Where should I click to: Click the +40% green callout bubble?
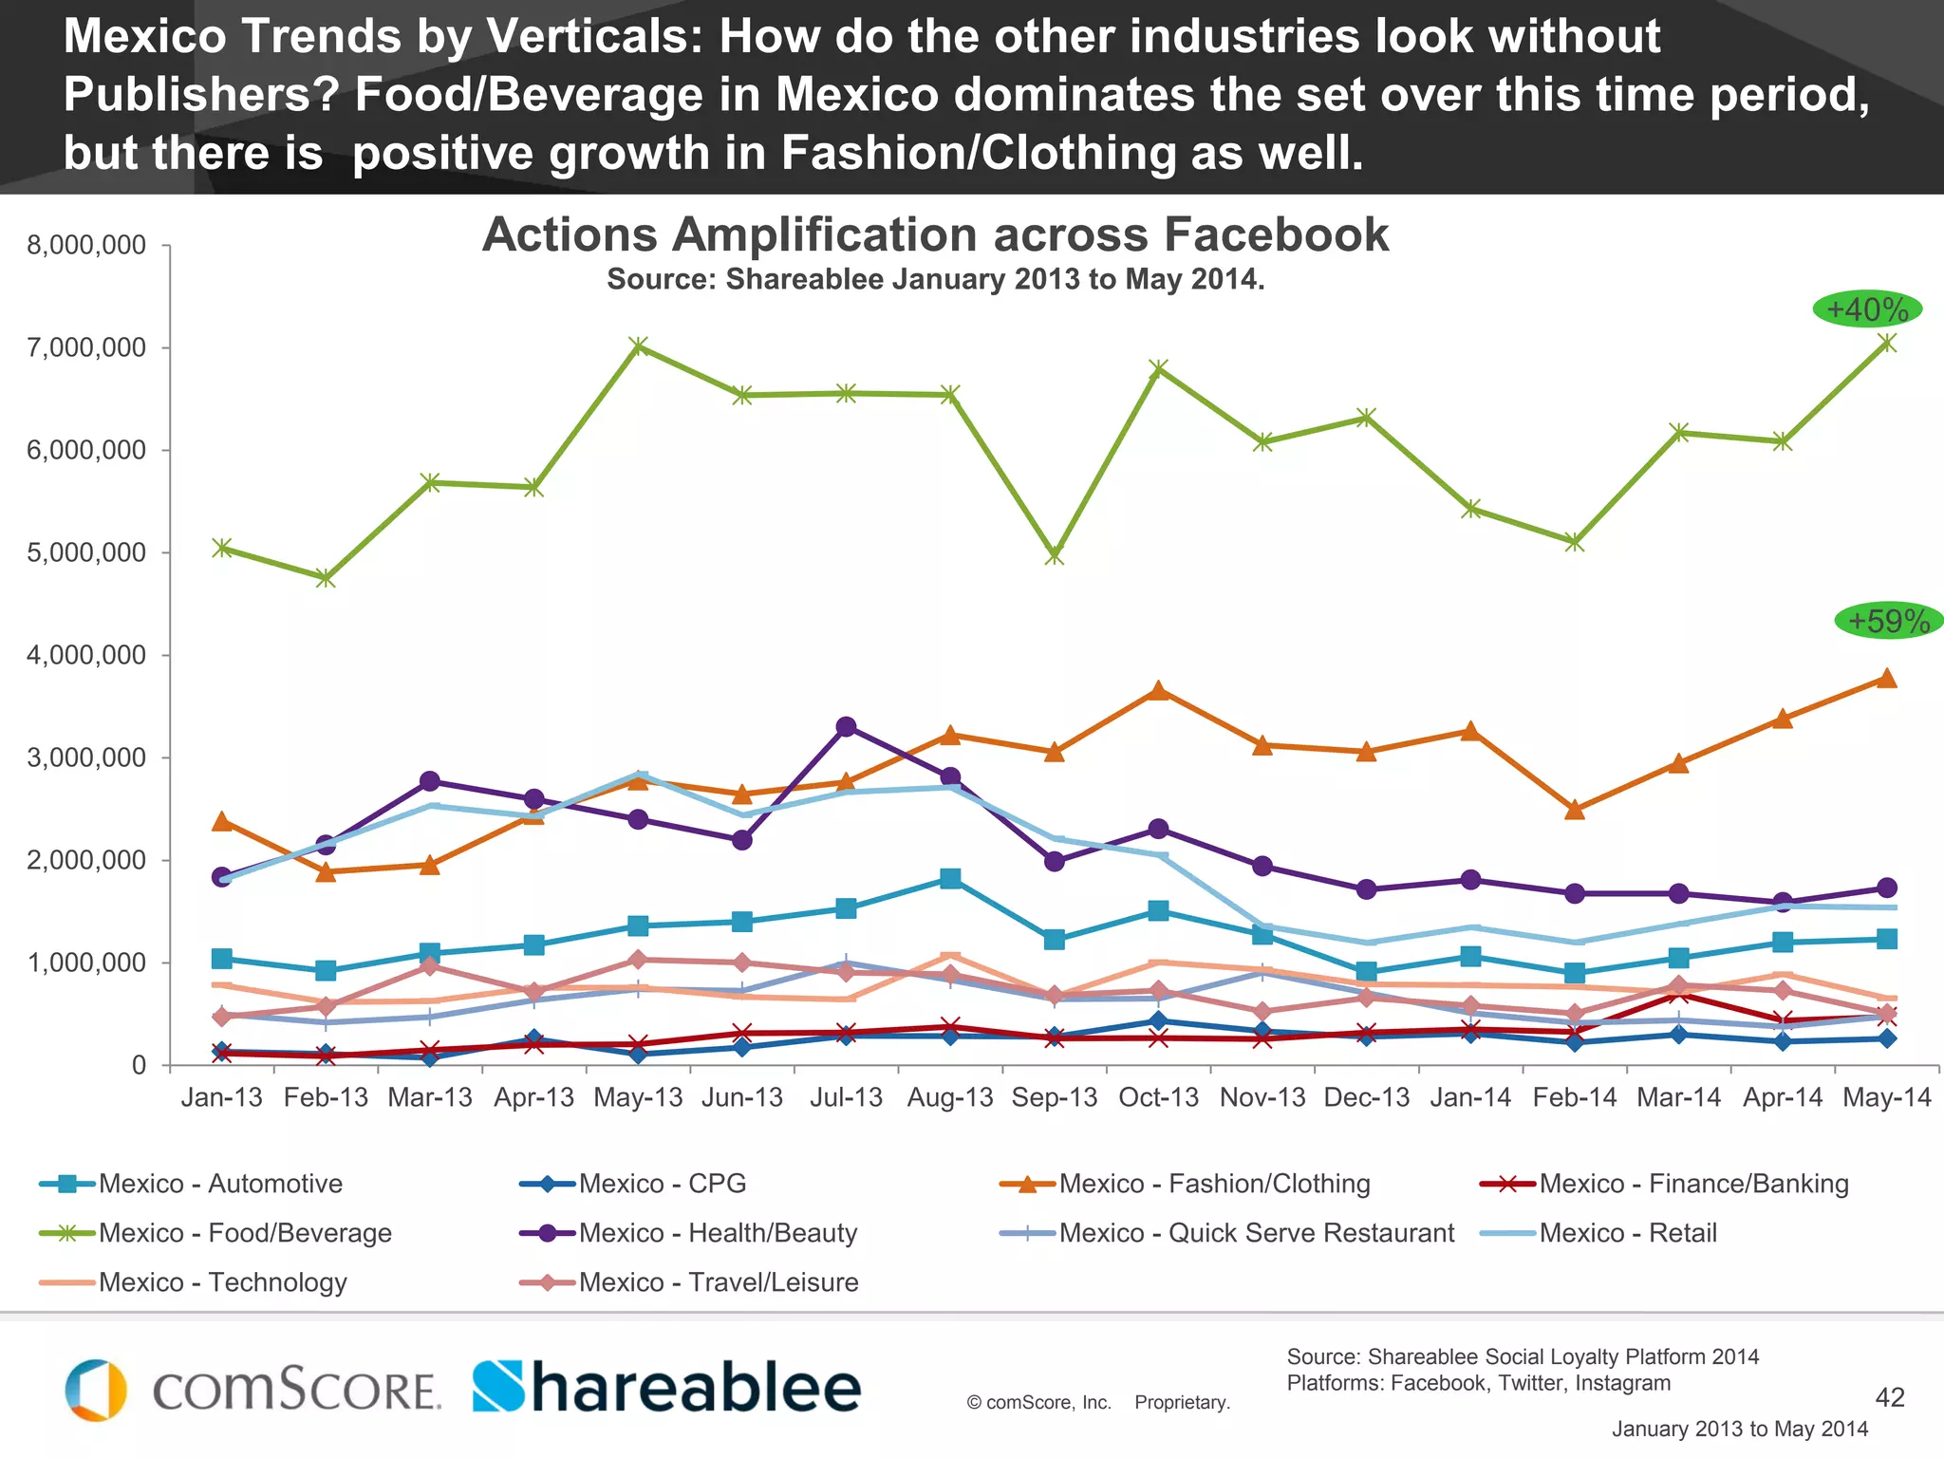pos(1866,309)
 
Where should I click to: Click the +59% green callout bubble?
pos(1888,621)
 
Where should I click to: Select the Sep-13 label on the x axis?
pos(1054,1098)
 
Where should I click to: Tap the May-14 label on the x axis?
pos(1886,1098)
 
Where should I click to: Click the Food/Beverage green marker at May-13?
pos(639,346)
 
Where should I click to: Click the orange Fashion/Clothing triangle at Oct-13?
pos(1158,691)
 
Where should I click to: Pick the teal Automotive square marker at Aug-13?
pos(950,878)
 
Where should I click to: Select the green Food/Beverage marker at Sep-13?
pos(1055,554)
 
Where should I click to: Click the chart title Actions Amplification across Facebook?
pos(935,234)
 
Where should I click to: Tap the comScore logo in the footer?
pos(252,1390)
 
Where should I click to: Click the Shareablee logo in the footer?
pos(666,1388)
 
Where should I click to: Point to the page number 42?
pos(1890,1397)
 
